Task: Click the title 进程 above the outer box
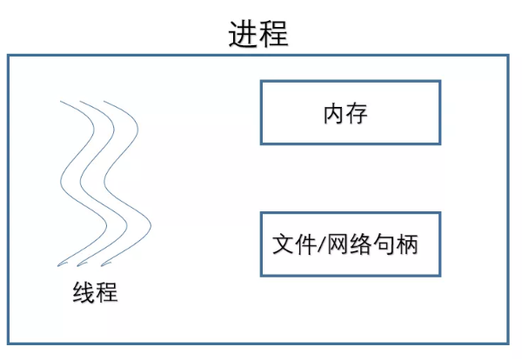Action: click(258, 34)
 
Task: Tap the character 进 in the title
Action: click(243, 34)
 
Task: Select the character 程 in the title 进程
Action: click(274, 34)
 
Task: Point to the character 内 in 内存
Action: click(334, 113)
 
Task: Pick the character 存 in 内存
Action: click(357, 113)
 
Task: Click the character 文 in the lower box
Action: click(283, 244)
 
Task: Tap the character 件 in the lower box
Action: click(305, 244)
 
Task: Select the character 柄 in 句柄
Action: click(406, 244)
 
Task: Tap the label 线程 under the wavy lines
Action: click(95, 292)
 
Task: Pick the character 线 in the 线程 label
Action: click(84, 292)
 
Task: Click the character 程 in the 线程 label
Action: click(107, 292)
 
